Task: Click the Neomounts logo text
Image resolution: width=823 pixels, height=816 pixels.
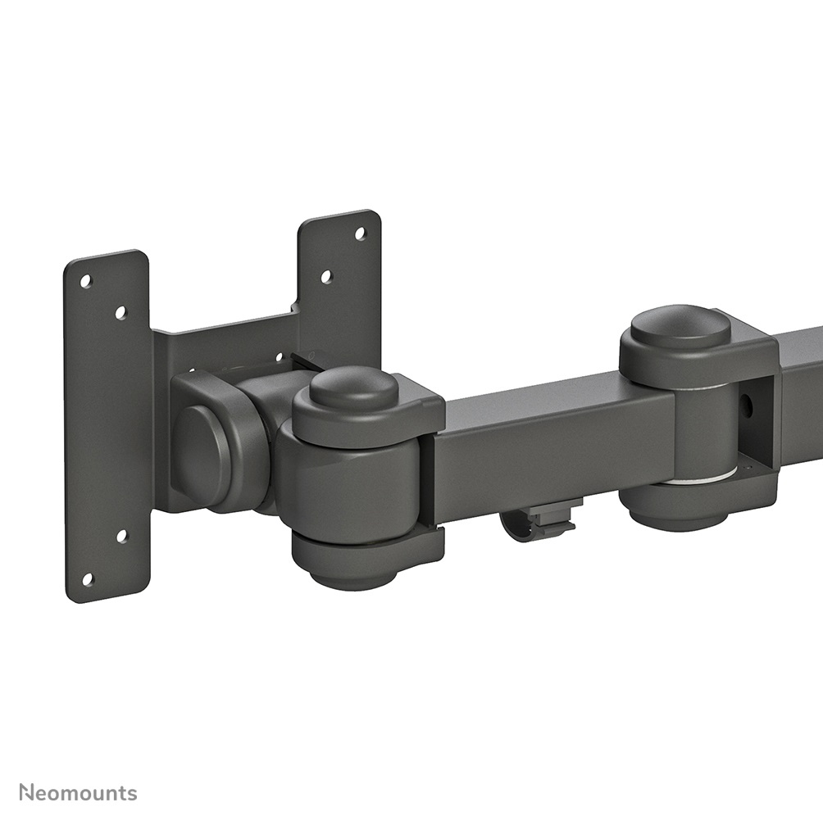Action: click(x=79, y=792)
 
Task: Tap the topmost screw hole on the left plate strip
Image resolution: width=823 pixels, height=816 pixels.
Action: click(x=86, y=281)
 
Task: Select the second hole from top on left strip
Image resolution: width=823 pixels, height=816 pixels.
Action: click(x=120, y=312)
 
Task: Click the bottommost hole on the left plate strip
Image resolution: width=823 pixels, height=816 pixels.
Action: click(x=88, y=579)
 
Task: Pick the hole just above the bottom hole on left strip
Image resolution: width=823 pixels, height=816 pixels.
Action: click(x=121, y=536)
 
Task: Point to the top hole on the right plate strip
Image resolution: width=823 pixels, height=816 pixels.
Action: click(x=360, y=233)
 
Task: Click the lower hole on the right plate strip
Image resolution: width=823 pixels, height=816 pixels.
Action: click(x=325, y=277)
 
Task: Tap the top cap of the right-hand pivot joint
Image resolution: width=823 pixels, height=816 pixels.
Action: click(x=680, y=326)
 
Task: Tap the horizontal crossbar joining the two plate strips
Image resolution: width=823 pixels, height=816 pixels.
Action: click(x=225, y=344)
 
